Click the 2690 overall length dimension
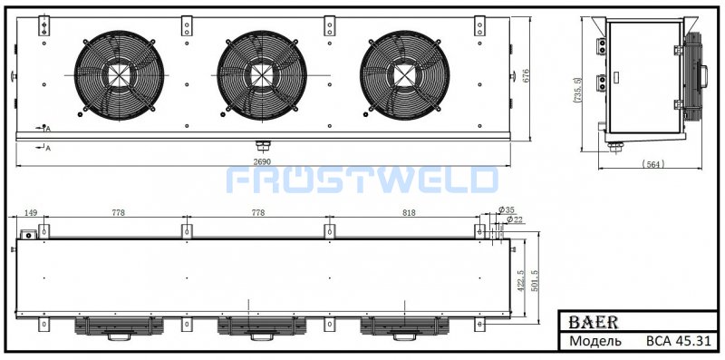click(262, 161)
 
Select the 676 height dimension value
click(525, 76)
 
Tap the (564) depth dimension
click(653, 163)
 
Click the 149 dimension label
click(30, 213)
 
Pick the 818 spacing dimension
click(409, 213)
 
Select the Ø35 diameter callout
click(507, 209)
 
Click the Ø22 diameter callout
click(514, 219)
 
